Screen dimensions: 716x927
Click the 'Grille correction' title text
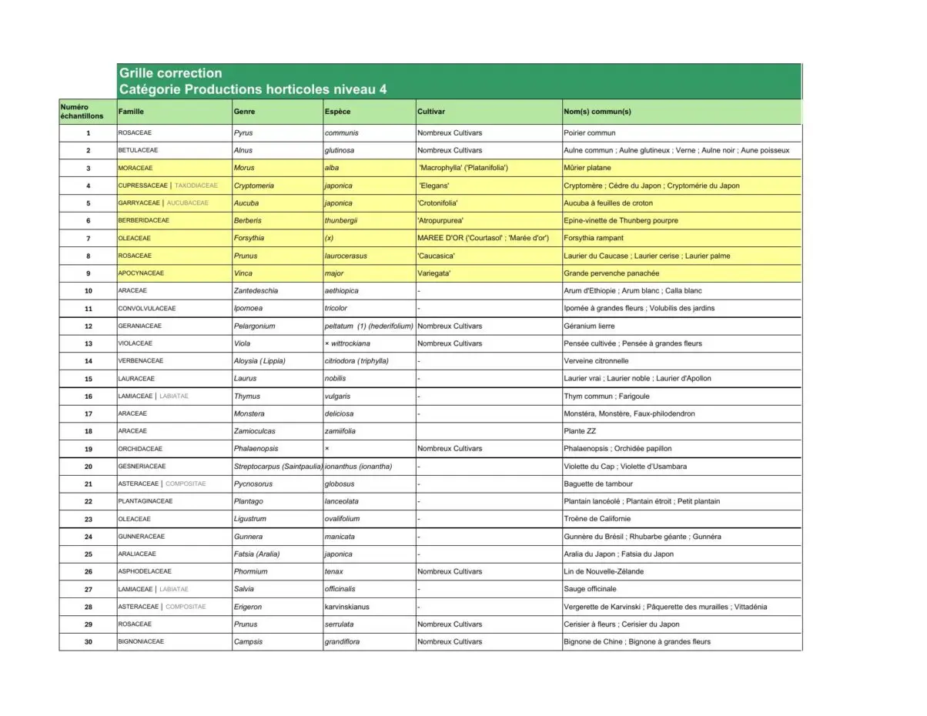coord(170,73)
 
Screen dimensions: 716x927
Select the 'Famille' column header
coord(131,112)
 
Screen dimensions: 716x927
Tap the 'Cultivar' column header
coord(431,112)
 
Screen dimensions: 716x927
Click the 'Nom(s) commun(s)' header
coord(597,112)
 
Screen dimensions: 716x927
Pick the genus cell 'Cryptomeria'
coord(254,186)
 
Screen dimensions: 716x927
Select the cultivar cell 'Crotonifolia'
coord(437,203)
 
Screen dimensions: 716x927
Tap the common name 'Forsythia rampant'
coord(594,239)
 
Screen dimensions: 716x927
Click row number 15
coord(88,379)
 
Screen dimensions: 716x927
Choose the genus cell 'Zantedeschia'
coord(256,291)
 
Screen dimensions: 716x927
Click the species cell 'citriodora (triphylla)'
coord(356,361)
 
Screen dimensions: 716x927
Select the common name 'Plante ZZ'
coord(580,431)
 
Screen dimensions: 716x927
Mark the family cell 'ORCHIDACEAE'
coord(140,449)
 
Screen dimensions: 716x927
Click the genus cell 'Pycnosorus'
coord(253,484)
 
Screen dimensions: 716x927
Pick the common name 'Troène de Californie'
coord(597,519)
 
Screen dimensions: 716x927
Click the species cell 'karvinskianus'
coord(347,607)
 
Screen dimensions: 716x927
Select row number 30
coord(88,642)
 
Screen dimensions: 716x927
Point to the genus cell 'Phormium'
coord(251,572)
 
